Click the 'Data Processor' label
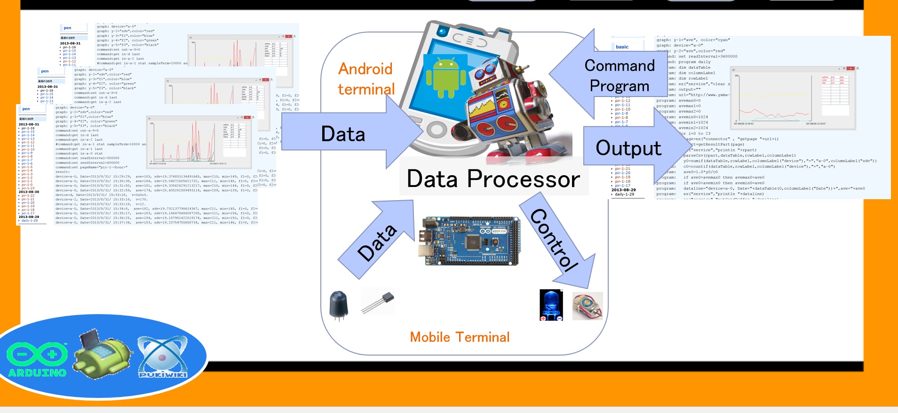point(493,179)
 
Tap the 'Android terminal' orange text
point(366,79)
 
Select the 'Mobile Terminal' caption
point(460,337)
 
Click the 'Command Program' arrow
point(612,75)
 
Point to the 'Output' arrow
point(630,148)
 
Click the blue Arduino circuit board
point(469,241)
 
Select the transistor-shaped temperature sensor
point(378,301)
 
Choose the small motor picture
point(588,306)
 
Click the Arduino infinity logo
point(37,354)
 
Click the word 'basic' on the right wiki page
point(622,47)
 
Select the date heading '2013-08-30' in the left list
point(29,192)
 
